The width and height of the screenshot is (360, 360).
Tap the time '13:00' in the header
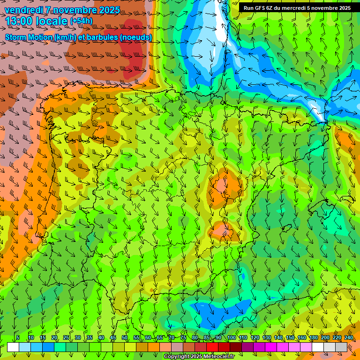[19, 21]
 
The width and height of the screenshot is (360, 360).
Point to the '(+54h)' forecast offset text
[81, 21]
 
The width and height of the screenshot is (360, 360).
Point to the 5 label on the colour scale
[18, 337]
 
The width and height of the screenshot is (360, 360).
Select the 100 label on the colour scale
[232, 337]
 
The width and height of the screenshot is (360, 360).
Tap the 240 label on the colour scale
[349, 337]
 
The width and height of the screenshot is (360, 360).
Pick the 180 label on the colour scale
[313, 337]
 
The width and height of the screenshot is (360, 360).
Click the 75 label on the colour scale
[183, 337]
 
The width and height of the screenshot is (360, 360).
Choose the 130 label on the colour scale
[267, 337]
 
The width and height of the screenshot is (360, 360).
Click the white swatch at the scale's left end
[13, 347]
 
